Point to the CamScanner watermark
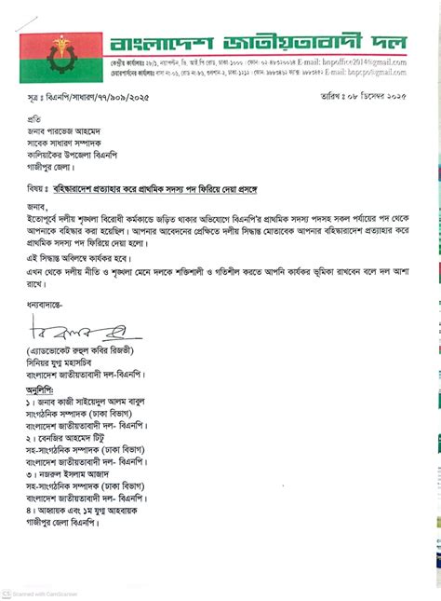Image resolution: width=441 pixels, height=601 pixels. click(42, 594)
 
